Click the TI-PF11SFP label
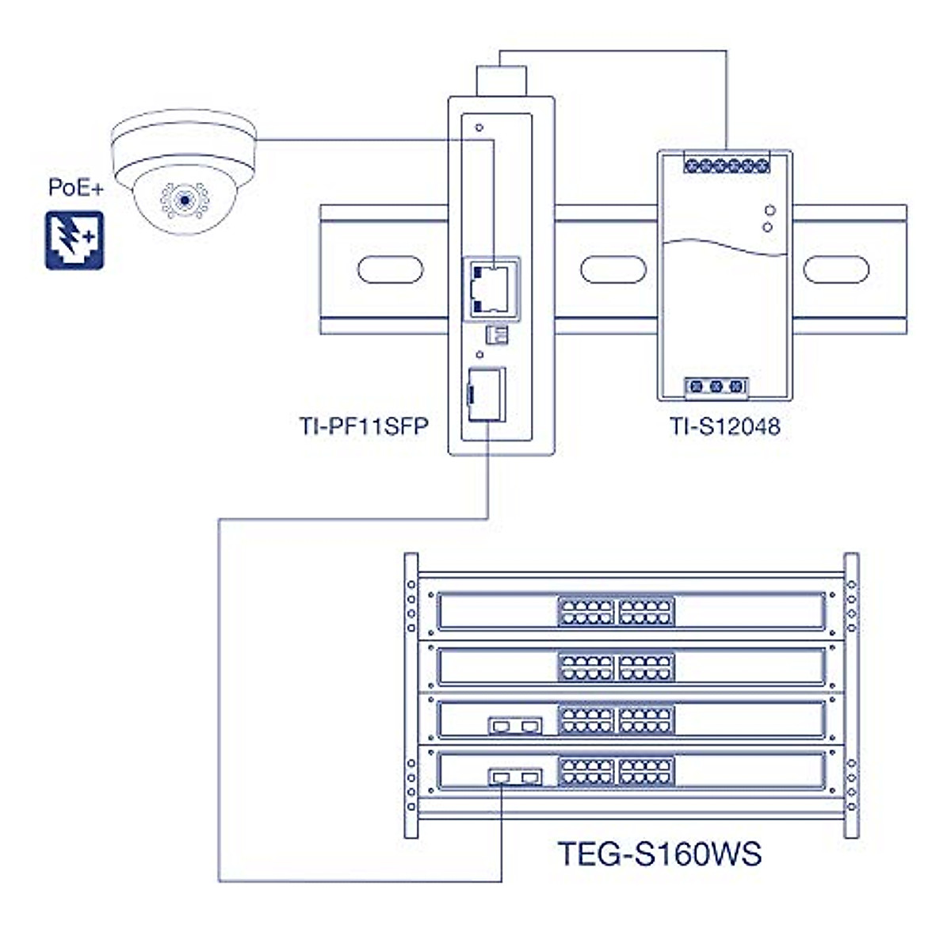(x=364, y=426)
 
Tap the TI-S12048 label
(x=725, y=426)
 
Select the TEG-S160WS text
(x=659, y=854)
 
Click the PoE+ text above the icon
(x=76, y=188)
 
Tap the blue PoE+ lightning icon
(x=74, y=240)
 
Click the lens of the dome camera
(x=185, y=201)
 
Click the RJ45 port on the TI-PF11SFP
(x=490, y=288)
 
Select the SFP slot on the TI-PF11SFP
(x=486, y=394)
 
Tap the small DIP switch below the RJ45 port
(x=496, y=334)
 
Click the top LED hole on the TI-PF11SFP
(x=478, y=127)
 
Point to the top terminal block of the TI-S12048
(x=726, y=165)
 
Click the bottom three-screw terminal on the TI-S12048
(x=716, y=387)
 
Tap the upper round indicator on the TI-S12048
(x=768, y=211)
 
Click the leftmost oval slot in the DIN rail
(x=390, y=269)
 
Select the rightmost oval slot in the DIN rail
(x=836, y=269)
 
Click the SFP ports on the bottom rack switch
(x=516, y=777)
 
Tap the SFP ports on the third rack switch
(x=516, y=724)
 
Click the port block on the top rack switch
(x=616, y=612)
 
